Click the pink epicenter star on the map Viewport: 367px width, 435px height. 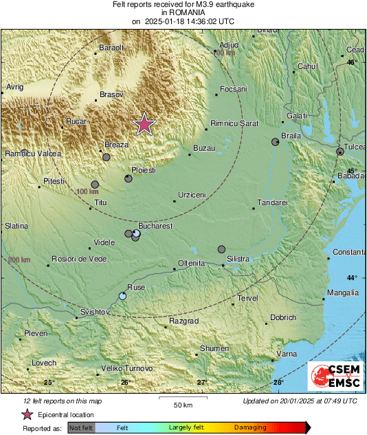pos(144,124)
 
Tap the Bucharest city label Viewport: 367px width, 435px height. pos(155,225)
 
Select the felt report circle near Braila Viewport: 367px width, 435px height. pos(276,142)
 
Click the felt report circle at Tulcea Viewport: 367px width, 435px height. pos(340,151)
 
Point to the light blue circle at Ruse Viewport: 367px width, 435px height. pos(123,296)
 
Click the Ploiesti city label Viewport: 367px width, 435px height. pos(144,169)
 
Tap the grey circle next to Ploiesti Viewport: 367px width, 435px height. pos(129,179)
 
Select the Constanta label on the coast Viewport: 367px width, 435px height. pos(349,253)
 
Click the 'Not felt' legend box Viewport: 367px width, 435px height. pos(82,427)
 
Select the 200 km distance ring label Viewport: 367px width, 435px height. pos(19,259)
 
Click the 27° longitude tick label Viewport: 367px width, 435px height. pos(202,382)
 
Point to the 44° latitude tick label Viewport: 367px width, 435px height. pos(351,278)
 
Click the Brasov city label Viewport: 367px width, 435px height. pos(111,94)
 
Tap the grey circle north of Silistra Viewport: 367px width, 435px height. pos(221,249)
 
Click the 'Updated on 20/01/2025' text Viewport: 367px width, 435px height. pos(300,401)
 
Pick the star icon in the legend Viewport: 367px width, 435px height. pos(27,414)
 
